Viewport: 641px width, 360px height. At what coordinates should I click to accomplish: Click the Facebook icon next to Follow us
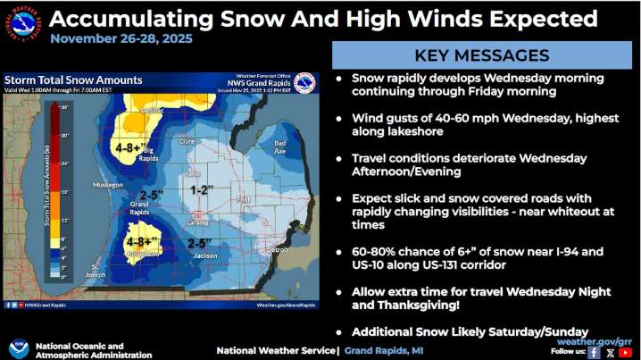click(x=593, y=352)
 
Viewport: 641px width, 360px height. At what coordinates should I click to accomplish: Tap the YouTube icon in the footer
click(x=625, y=352)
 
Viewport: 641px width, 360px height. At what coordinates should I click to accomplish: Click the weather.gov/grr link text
click(x=595, y=341)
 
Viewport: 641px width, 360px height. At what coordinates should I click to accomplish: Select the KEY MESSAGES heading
click(x=482, y=55)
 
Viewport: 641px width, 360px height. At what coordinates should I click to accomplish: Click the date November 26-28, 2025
click(x=121, y=39)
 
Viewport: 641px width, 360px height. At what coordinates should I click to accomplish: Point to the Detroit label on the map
click(x=279, y=250)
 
